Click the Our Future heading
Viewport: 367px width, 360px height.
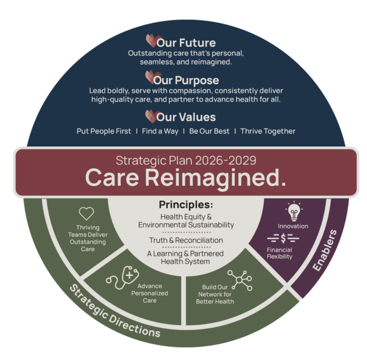[186, 43]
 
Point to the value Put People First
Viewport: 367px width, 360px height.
[104, 131]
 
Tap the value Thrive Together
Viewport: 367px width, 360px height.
[268, 131]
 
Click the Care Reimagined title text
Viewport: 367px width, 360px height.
[185, 177]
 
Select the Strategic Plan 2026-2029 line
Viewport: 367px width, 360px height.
[186, 160]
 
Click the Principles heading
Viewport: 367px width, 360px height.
[186, 204]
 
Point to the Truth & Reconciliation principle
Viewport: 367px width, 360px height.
[186, 240]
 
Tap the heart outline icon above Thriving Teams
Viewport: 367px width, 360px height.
[86, 214]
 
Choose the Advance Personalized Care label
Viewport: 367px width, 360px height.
[153, 292]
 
